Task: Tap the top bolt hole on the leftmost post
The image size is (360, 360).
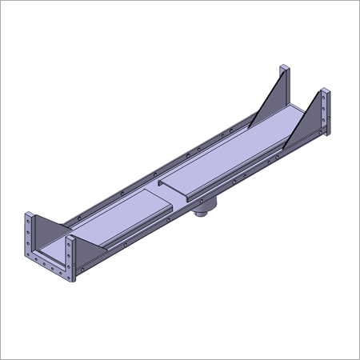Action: [28, 217]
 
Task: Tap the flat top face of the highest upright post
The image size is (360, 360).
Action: [282, 66]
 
